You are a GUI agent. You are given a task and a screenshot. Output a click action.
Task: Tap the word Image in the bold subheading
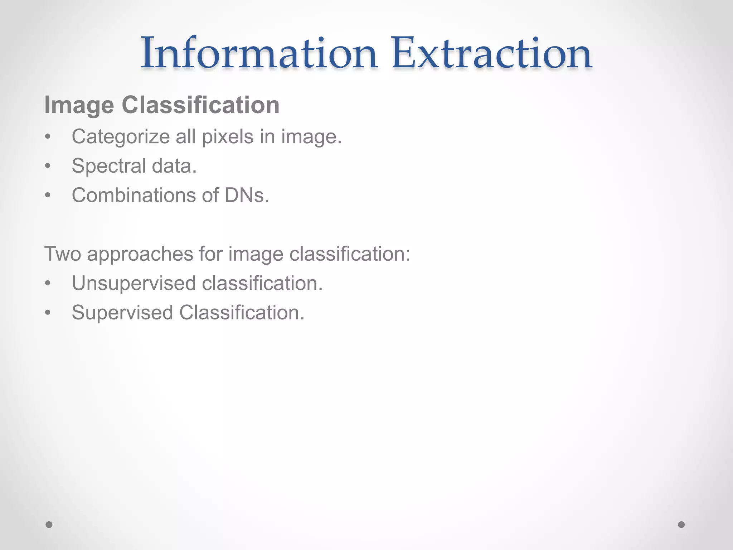tap(79, 106)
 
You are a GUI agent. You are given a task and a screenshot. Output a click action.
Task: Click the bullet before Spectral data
tap(48, 166)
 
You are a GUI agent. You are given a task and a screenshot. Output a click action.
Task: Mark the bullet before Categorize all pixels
tap(48, 137)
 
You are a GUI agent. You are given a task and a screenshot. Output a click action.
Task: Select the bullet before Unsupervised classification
tap(48, 284)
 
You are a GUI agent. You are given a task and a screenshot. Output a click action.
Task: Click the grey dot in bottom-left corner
tap(49, 525)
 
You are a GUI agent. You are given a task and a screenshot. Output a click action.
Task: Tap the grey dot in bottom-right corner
tap(681, 525)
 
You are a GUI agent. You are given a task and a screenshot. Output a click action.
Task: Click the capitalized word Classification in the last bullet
tap(242, 313)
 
